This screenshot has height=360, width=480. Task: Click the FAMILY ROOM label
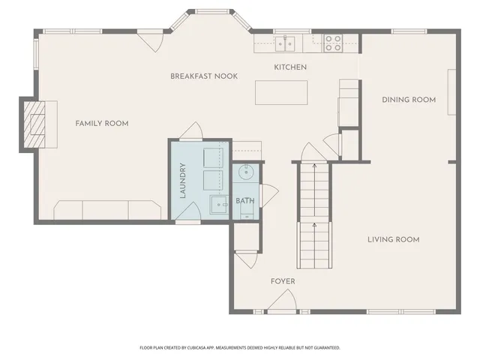pyautogui.click(x=101, y=123)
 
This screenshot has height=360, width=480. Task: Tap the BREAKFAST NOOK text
pyautogui.click(x=204, y=76)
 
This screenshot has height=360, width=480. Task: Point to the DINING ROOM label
pyautogui.click(x=409, y=99)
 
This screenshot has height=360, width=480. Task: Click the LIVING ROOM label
pyautogui.click(x=393, y=239)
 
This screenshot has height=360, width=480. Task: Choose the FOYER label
pyautogui.click(x=283, y=281)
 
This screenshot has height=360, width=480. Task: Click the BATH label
pyautogui.click(x=244, y=201)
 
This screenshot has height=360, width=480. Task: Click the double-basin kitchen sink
pyautogui.click(x=285, y=43)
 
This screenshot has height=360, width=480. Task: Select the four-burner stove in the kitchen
pyautogui.click(x=333, y=43)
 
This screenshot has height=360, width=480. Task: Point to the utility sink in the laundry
pyautogui.click(x=219, y=204)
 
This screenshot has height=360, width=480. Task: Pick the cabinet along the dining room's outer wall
pyautogui.click(x=451, y=92)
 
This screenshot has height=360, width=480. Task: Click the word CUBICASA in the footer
pyautogui.click(x=214, y=348)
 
